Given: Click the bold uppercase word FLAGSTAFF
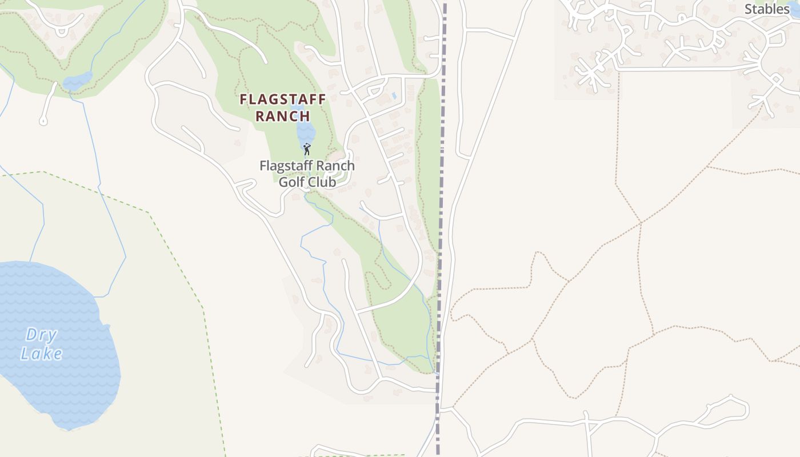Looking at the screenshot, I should click(x=282, y=99).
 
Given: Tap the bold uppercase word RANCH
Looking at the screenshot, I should click(x=282, y=116).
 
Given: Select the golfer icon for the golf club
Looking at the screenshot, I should click(x=307, y=149).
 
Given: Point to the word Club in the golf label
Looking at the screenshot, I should click(x=322, y=182).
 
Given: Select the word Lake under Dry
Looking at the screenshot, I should click(x=41, y=354).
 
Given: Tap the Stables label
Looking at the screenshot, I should click(x=767, y=9).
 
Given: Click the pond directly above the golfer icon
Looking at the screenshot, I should click(x=303, y=131).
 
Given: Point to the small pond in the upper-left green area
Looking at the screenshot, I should click(x=77, y=81).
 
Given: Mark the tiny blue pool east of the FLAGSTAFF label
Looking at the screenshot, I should click(x=394, y=95).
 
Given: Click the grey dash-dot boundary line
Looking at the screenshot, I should click(x=441, y=228).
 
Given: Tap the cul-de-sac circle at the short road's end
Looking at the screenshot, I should click(x=43, y=121).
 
